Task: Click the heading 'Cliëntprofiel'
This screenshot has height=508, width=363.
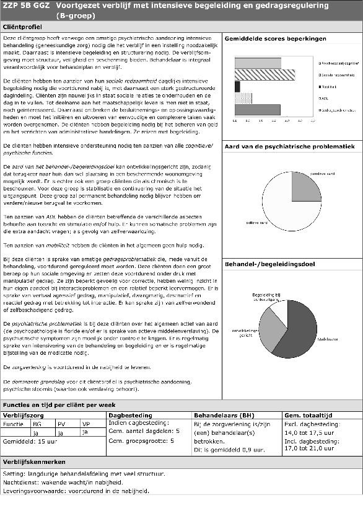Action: (23, 28)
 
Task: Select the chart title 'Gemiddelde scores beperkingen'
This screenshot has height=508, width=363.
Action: (267, 38)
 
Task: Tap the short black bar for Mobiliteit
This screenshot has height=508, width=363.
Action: (237, 86)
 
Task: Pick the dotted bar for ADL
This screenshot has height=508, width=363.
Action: (243, 98)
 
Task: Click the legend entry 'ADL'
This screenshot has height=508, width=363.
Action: (324, 98)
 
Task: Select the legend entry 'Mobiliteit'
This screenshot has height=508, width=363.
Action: (329, 86)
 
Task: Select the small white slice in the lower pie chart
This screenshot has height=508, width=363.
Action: (278, 308)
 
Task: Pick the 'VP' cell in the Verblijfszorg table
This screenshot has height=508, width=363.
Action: (85, 424)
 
